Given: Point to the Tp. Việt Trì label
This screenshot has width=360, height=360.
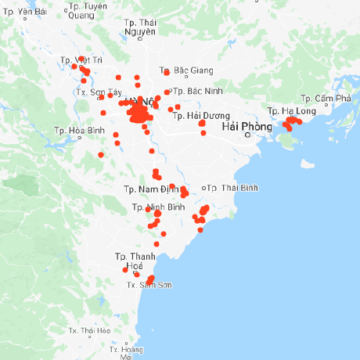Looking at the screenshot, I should click(81, 59).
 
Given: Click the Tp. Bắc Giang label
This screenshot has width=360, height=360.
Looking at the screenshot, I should click(185, 70).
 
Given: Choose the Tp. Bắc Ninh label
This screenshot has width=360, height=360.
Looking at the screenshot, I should click(199, 91).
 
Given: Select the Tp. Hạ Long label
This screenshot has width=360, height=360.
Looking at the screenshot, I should click(291, 111).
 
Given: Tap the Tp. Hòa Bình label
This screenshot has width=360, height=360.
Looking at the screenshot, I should click(80, 130).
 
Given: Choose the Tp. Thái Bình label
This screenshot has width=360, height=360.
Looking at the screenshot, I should click(232, 188).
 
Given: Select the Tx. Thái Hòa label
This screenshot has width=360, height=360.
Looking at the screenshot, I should click(88, 331).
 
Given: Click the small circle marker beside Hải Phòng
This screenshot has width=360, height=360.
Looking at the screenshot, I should click(247, 135).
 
